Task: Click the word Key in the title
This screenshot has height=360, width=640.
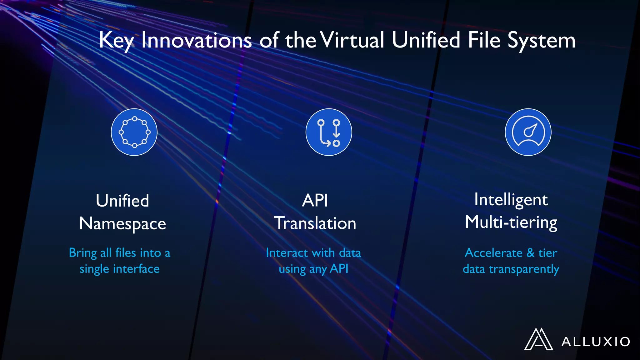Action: point(116,41)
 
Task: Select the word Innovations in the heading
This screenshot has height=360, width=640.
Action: point(196,41)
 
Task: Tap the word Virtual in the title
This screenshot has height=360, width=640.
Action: point(352,41)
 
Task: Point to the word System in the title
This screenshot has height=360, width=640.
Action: point(541,41)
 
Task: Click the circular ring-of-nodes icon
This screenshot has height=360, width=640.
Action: point(134,132)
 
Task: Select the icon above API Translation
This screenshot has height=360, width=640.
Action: point(329,132)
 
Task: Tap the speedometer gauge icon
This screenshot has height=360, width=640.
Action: point(528,132)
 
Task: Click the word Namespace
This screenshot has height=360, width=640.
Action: point(122,224)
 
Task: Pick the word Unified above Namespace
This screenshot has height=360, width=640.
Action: point(122,201)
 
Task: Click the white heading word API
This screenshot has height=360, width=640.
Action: point(315,201)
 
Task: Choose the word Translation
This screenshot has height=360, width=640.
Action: point(315,223)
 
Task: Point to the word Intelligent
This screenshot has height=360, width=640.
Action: point(511,200)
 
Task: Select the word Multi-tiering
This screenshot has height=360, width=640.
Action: point(511,222)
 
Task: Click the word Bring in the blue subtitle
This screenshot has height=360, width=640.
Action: point(83,253)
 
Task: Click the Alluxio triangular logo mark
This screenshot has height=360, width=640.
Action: point(538,339)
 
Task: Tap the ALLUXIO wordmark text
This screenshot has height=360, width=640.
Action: point(596,342)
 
